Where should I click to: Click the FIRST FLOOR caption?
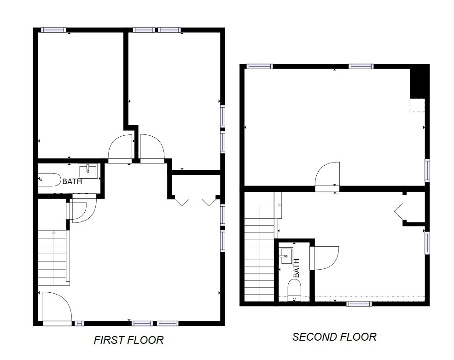point(128,340)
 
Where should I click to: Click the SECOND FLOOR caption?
point(334,337)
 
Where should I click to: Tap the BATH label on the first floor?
point(72,181)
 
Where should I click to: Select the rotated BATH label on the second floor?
point(296,267)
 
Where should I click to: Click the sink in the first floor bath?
point(88,171)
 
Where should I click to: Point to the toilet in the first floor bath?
point(49,180)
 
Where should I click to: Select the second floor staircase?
point(259,259)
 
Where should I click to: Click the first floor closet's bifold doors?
point(196,202)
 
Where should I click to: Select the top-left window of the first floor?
point(53,30)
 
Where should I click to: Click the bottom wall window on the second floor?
point(359,304)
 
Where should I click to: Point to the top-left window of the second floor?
point(259,67)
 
